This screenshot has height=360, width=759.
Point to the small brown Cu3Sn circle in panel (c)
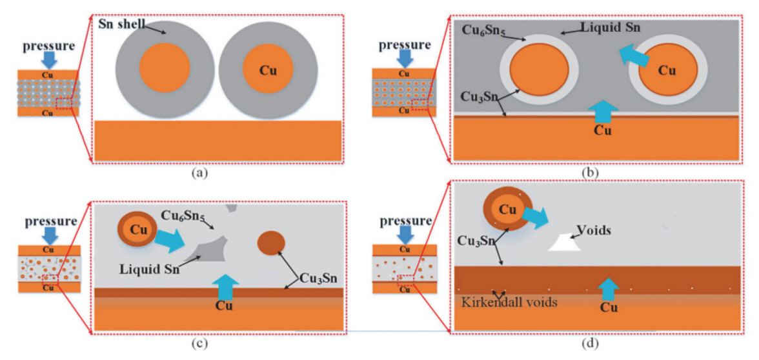(x=271, y=243)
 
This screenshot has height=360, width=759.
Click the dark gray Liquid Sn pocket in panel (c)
(x=205, y=251)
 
